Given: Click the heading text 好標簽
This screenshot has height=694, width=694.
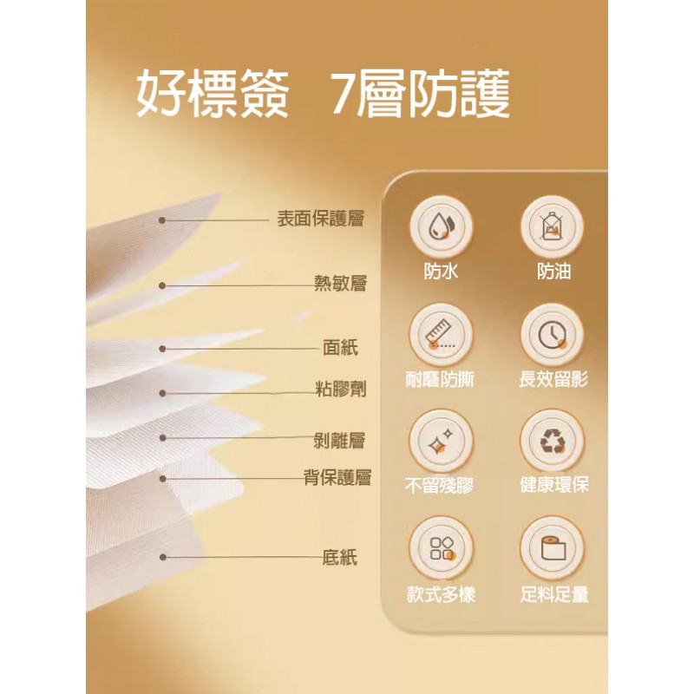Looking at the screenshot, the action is pos(213,94).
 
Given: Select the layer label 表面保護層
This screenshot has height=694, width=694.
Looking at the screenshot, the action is pos(321,219).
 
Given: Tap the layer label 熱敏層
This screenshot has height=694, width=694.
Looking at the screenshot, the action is pos(340,284).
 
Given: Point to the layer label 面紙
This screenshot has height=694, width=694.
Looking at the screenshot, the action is pos(340,348).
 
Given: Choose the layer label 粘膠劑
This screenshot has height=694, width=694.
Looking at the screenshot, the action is pos(340,390).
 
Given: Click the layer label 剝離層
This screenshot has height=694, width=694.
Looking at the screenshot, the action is pos(339,441).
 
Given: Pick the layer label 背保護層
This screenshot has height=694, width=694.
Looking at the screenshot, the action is pos(337,478).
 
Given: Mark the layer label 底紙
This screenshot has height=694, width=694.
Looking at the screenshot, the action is pos(339,557).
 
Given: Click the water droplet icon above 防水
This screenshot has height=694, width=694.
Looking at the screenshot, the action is pos(441,227).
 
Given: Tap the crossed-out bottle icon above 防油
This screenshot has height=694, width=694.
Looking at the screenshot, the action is pos(552,227).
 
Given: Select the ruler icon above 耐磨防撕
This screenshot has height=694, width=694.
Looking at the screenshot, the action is pos(440,335).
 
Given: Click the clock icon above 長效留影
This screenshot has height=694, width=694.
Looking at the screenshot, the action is pos(552,335).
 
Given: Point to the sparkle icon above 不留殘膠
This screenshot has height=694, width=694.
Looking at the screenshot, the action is pos(441,442).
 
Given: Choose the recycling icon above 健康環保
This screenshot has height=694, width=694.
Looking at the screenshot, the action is pos(552,442).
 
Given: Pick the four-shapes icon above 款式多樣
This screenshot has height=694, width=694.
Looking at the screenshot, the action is pos(442,549).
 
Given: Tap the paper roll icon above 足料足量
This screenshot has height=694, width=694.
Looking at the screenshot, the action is pos(553,549).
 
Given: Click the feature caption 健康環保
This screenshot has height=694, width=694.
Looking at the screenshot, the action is pos(554,485).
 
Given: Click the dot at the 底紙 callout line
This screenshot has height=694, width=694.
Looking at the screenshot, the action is pos(162,557).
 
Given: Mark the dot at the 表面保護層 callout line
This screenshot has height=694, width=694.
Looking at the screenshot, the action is pos(162,220).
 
